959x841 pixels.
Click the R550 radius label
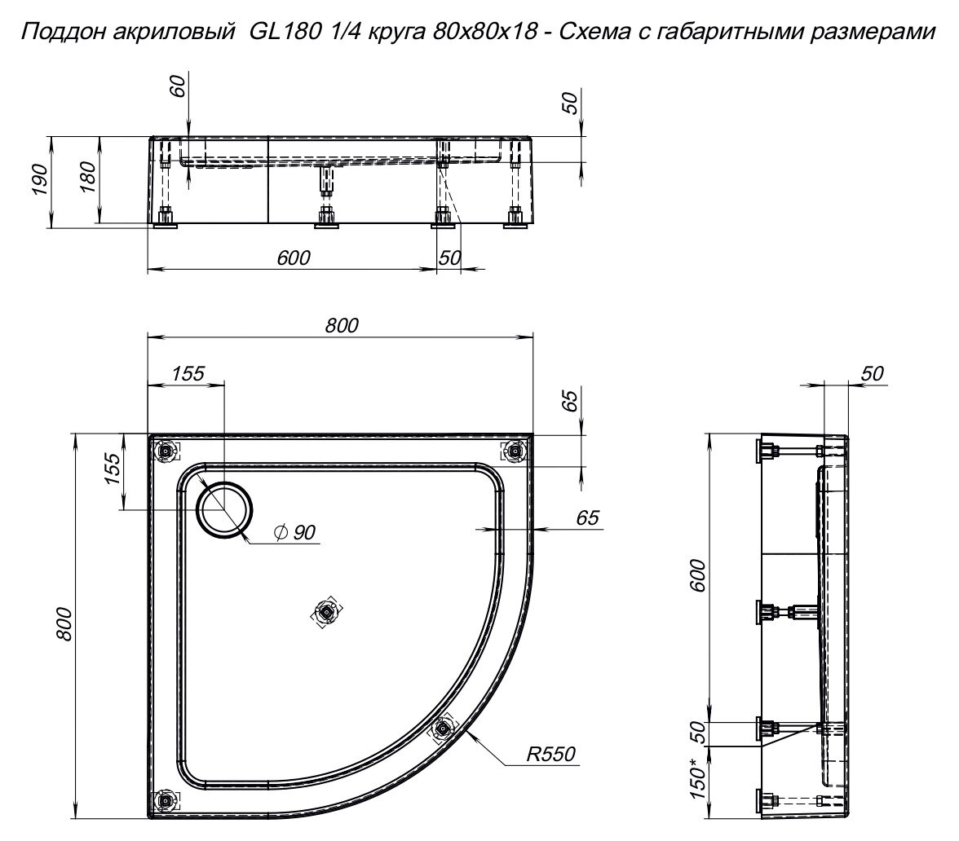[x=550, y=755]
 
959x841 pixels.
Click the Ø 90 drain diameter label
[x=295, y=532]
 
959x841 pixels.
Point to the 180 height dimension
[x=90, y=179]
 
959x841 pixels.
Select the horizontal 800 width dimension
[x=342, y=325]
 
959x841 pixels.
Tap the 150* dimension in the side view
[x=699, y=778]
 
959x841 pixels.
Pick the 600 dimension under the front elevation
[x=293, y=258]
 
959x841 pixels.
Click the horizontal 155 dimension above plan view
[x=188, y=373]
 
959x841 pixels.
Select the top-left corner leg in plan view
[x=166, y=450]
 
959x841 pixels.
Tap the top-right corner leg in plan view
[x=515, y=450]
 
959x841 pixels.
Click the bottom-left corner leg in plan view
[x=166, y=800]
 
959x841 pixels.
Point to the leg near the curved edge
[x=443, y=728]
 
